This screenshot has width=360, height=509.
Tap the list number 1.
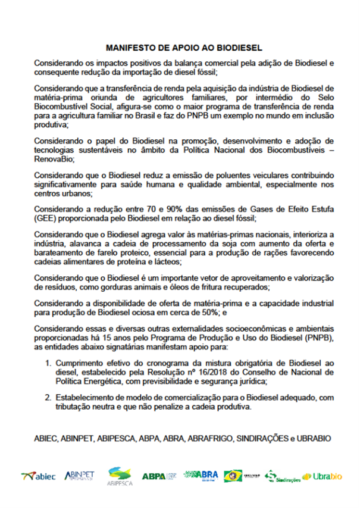click(47, 363)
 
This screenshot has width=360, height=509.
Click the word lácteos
click(170, 261)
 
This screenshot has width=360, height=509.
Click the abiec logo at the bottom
click(38, 476)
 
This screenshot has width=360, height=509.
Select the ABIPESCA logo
click(119, 477)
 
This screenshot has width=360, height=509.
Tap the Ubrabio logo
click(321, 476)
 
